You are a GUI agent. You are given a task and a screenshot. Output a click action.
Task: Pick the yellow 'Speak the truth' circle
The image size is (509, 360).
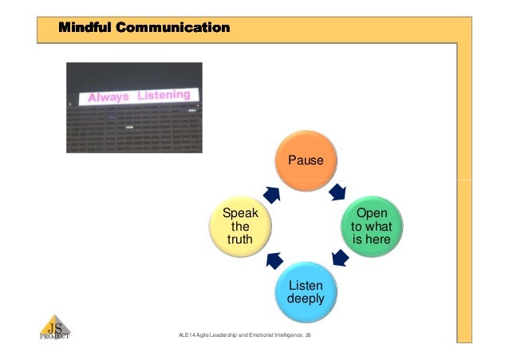tap(239, 226)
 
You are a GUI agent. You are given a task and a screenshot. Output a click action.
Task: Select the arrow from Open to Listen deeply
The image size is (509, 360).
tap(339, 258)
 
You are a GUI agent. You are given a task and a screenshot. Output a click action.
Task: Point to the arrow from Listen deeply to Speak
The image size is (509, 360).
tap(274, 259)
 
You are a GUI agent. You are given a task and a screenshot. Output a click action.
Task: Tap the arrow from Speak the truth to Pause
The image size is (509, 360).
tap(272, 194)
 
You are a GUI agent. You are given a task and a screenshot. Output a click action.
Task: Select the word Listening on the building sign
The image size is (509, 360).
tap(164, 96)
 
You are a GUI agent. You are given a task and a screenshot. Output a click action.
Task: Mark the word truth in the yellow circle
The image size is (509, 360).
tap(239, 239)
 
